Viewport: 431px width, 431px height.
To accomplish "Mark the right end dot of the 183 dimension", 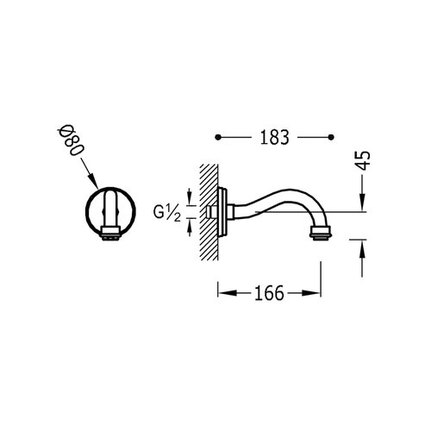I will point(332,137).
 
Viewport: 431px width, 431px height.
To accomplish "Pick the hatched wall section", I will point(209,210).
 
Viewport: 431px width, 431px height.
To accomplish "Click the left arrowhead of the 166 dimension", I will point(221,294).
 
